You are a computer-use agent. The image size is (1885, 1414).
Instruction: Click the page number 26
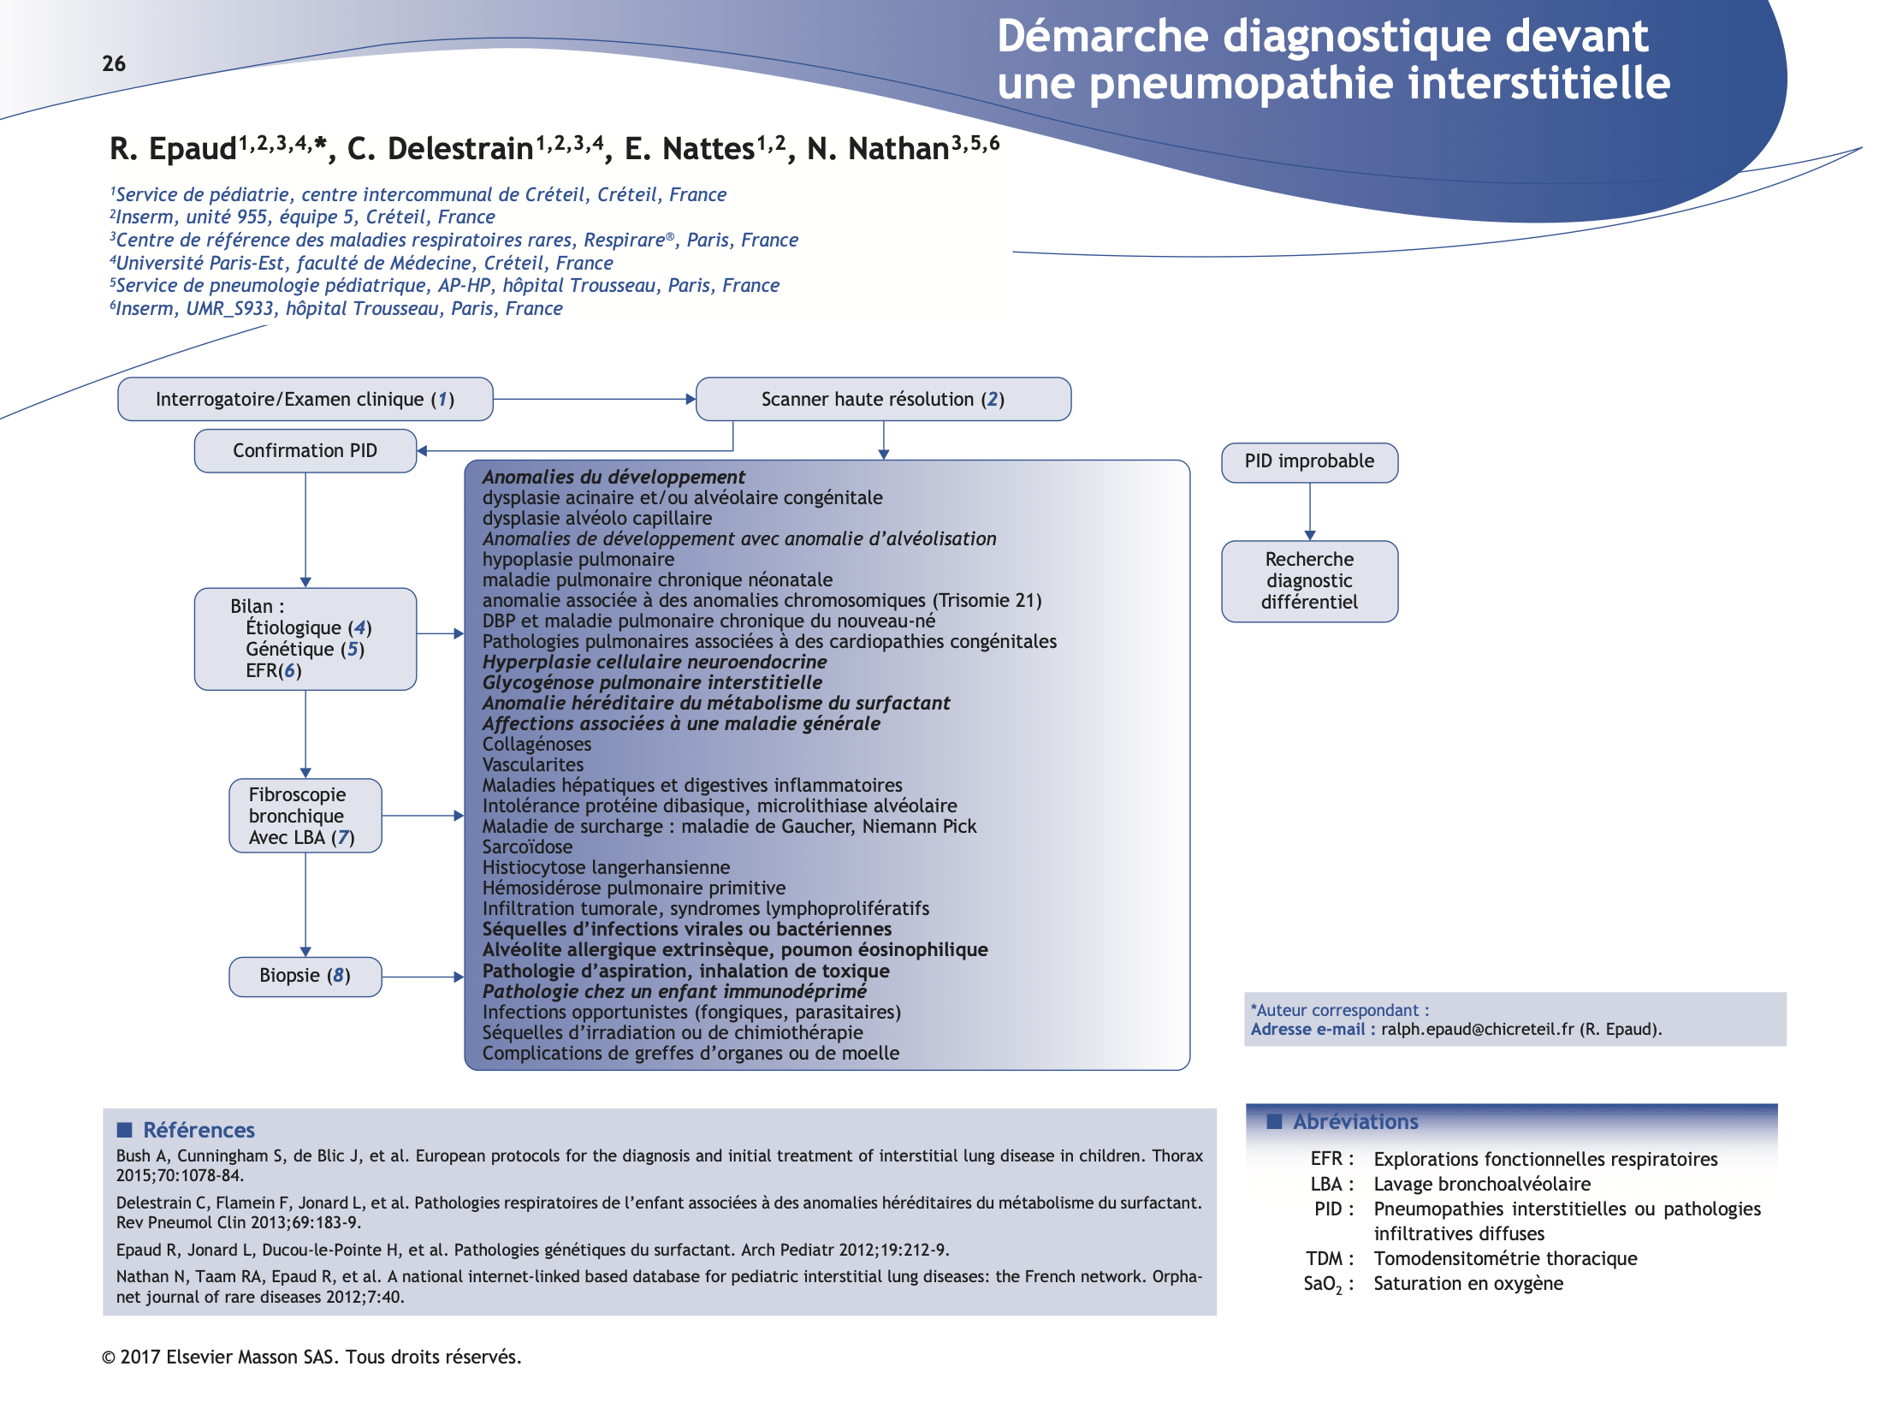[114, 64]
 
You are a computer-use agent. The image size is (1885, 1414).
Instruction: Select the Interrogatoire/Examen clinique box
[305, 400]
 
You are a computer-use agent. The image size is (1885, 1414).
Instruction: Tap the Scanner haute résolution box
[882, 400]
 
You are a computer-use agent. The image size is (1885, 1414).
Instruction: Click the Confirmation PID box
[305, 451]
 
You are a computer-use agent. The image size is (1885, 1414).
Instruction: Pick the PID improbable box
[1309, 462]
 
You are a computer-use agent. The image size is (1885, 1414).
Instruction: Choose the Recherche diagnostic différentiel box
[1309, 581]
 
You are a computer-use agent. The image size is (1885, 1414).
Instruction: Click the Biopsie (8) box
[305, 977]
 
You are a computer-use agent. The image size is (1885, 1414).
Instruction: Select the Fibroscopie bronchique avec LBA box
[305, 816]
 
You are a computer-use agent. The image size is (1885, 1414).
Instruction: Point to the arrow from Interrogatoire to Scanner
[594, 399]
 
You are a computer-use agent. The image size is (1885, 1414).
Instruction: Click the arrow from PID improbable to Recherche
[1310, 511]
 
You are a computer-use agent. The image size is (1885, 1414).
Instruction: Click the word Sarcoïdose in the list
[527, 847]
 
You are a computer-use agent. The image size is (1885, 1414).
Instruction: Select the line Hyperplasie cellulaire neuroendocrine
[655, 662]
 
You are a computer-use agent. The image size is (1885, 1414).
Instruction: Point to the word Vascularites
[532, 765]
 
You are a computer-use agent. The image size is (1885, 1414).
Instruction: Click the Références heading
[199, 1131]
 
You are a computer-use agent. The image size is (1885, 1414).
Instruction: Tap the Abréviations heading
[1355, 1122]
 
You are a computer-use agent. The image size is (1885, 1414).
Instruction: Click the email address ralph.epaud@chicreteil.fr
[1477, 1030]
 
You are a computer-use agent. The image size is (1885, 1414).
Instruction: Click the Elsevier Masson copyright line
[311, 1358]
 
